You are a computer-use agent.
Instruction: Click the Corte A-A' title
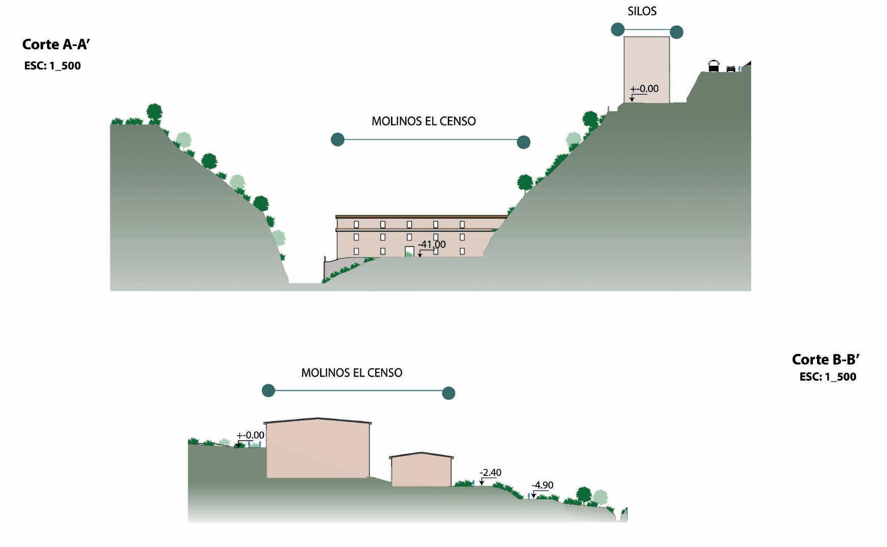click(56, 45)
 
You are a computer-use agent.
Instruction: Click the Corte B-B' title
click(825, 360)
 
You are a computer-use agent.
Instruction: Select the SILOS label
click(642, 11)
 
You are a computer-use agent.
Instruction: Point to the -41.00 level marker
click(432, 244)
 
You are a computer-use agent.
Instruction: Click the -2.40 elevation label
click(491, 473)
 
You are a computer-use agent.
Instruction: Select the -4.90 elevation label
click(543, 485)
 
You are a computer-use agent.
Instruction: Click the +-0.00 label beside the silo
click(644, 89)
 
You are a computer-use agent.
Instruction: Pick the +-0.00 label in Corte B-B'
click(251, 435)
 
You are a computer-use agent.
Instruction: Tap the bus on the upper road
click(713, 66)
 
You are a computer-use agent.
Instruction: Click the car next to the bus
click(731, 68)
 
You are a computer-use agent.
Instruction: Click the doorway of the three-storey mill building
click(409, 251)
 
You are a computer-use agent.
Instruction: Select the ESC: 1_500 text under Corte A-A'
click(53, 66)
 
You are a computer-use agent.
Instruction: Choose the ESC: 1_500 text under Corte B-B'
click(827, 377)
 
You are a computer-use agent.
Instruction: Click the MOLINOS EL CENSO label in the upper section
click(424, 121)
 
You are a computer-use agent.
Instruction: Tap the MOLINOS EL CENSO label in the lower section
click(352, 373)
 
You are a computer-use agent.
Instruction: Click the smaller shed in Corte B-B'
click(421, 470)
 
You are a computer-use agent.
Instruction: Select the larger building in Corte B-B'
click(318, 449)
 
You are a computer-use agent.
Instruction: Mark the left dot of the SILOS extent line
click(618, 30)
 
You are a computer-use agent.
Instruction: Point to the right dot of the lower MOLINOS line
click(448, 393)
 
